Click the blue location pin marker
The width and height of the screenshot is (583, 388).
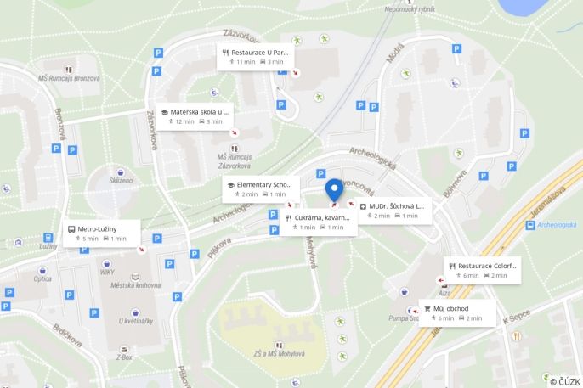coord(334,189)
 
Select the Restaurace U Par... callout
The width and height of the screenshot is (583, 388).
coord(255,56)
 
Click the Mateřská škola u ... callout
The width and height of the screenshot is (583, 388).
coord(193,116)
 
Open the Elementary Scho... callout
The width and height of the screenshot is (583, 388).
coord(261,188)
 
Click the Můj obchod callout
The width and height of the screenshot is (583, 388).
coord(457,312)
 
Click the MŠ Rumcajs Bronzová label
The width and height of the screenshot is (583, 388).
coord(69,78)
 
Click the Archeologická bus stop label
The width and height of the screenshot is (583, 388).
coord(558,225)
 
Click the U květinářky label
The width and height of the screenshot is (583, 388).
coord(136,320)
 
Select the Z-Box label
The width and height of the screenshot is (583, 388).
coord(124,357)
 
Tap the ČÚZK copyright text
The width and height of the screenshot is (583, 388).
coord(564,381)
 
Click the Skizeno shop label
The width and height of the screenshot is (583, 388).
coord(121,180)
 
